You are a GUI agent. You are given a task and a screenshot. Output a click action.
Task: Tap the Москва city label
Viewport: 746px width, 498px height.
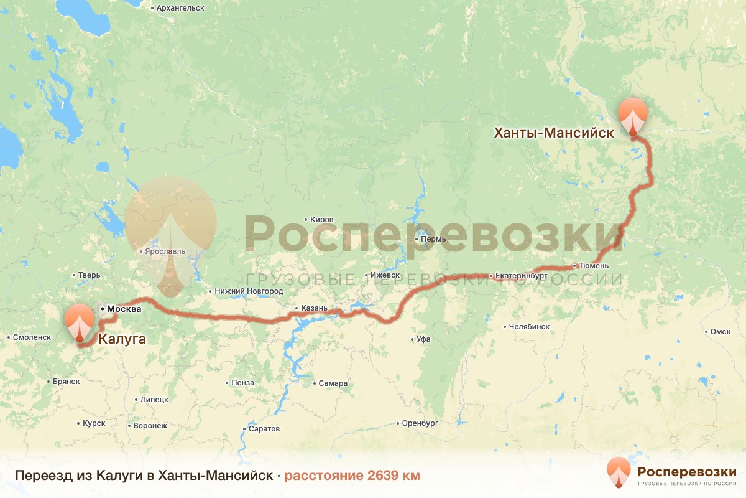click(x=124, y=309)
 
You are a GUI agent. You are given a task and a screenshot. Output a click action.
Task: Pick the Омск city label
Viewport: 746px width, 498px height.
click(x=720, y=332)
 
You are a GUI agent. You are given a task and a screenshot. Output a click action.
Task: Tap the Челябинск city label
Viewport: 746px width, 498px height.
click(x=529, y=326)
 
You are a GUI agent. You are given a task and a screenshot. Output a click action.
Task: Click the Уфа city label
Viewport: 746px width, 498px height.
click(x=424, y=339)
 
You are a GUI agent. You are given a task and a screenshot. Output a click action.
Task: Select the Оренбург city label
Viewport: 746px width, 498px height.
click(x=421, y=423)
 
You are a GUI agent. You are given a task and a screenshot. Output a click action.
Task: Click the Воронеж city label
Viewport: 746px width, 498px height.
click(x=150, y=426)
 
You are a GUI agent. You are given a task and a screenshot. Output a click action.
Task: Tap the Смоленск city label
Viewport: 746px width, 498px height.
click(x=32, y=337)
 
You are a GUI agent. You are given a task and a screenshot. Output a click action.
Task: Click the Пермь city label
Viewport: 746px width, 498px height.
click(x=433, y=239)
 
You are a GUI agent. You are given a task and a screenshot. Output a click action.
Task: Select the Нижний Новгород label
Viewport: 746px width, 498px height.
click(x=248, y=291)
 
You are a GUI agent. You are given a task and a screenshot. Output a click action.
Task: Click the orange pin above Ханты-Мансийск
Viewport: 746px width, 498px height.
click(x=633, y=115)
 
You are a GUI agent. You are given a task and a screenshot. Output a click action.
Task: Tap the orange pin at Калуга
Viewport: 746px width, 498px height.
click(x=79, y=321)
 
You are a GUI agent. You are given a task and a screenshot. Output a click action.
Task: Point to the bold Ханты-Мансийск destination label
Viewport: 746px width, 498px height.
click(x=554, y=133)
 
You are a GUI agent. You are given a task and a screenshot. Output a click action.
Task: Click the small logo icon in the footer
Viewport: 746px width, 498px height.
click(x=619, y=472)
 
